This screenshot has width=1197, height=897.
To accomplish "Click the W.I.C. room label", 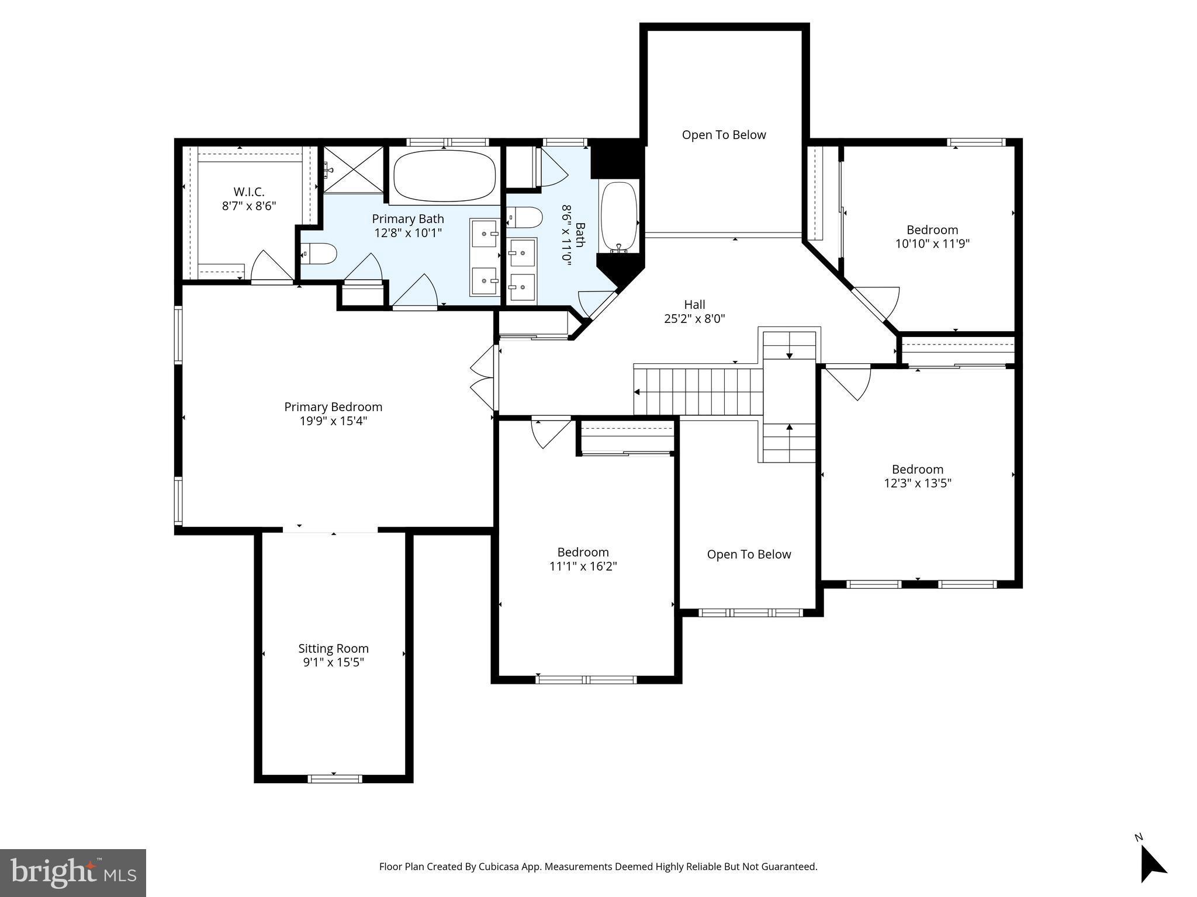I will pos(249,192).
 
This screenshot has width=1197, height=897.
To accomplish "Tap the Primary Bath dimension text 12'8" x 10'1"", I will pos(408,233).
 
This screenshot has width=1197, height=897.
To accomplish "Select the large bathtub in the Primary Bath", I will pos(444,176).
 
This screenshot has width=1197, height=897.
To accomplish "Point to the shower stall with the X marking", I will pos(353,169).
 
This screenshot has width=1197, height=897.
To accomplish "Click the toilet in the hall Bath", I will pos(525,218).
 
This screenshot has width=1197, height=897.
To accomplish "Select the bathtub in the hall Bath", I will pos(619,216).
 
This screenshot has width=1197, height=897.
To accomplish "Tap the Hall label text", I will pos(694,305).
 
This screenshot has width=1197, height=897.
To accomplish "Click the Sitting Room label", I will pos(333,648).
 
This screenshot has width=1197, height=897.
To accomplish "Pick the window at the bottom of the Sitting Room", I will pos(334,778).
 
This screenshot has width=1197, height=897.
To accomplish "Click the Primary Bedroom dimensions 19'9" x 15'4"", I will pos(333,421).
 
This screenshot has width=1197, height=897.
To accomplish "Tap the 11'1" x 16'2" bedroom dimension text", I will pos(583,566).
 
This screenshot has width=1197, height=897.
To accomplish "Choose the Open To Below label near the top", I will pos(724,135).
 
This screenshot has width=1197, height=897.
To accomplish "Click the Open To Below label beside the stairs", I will pos(749,555).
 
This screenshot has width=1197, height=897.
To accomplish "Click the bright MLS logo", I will pos(73,873).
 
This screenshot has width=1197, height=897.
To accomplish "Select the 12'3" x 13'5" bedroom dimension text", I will pos(917,484).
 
